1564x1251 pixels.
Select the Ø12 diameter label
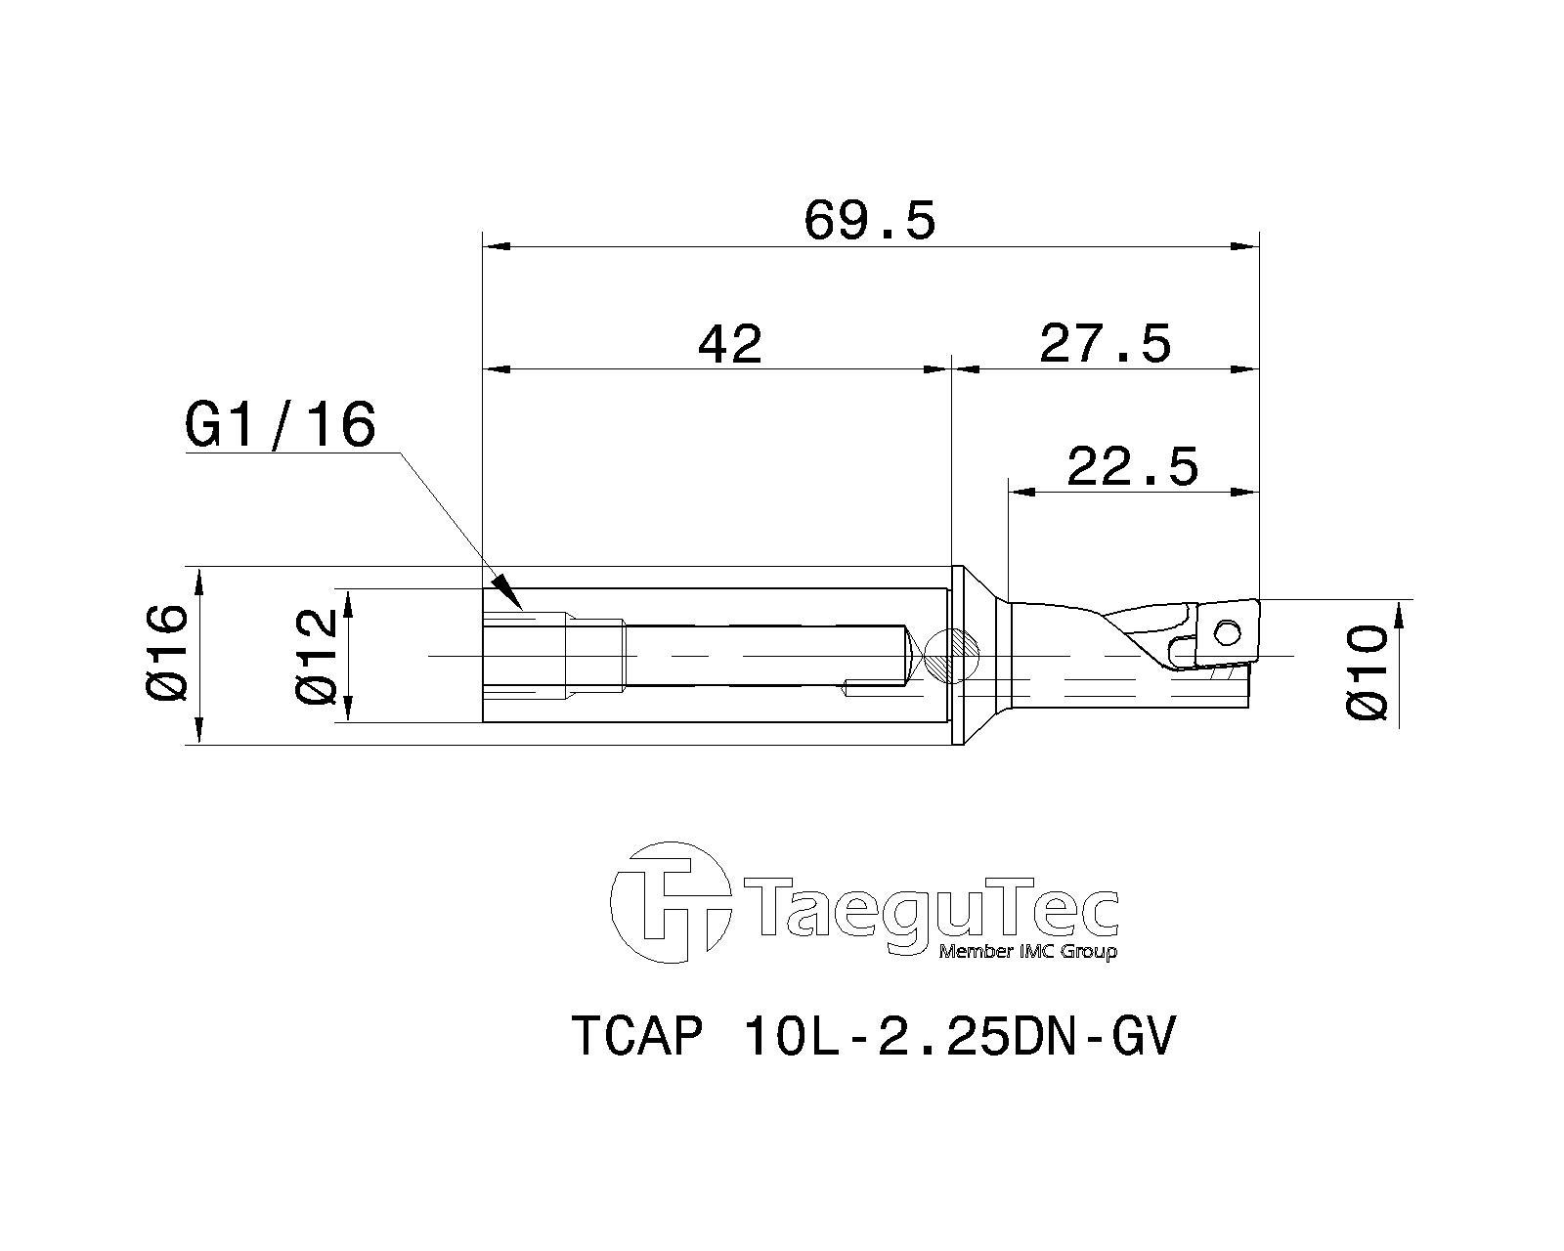(316, 656)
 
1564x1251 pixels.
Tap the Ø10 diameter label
(1368, 672)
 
